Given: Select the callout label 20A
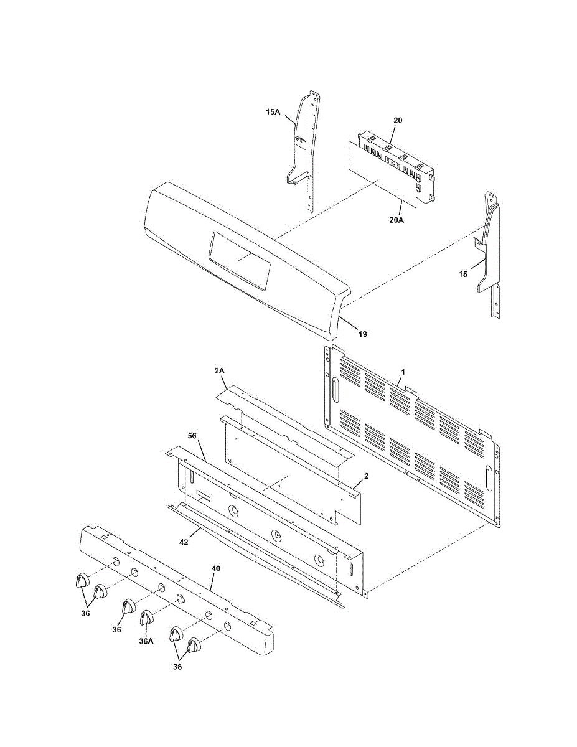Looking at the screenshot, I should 396,220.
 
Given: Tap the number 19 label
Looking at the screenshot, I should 362,334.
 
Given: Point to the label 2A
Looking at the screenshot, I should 219,370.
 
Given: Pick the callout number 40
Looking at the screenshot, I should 215,569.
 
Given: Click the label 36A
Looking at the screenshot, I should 146,641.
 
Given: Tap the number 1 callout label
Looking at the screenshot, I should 403,372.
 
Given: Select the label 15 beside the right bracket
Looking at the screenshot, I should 463,274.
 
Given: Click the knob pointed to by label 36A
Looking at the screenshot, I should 146,618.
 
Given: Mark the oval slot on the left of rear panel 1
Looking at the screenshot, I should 335,391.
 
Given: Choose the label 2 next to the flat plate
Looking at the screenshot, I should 367,476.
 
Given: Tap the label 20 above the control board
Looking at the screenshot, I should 398,120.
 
